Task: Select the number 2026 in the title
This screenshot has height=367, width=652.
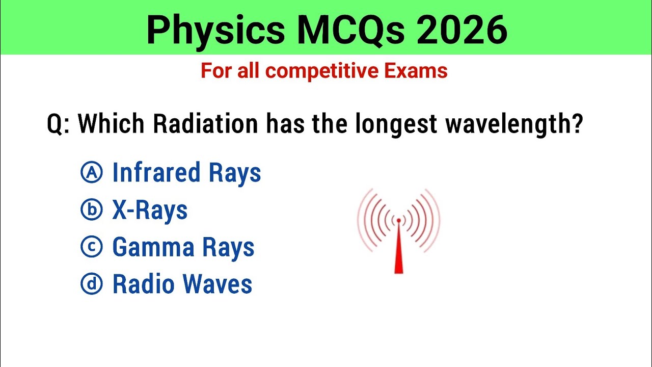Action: [x=463, y=30]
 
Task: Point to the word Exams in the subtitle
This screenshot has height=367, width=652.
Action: [x=416, y=71]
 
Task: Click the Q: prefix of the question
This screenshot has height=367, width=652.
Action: [x=58, y=124]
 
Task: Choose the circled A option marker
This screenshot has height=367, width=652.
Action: [x=92, y=173]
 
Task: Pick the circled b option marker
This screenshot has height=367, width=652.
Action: [x=92, y=210]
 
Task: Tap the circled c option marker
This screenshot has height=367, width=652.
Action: [x=92, y=247]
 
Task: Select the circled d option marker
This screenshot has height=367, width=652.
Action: [x=92, y=284]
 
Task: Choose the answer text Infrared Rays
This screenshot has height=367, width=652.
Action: [x=186, y=173]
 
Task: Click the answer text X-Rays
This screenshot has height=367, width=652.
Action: [x=150, y=210]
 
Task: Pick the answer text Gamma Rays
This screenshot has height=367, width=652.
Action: [x=183, y=248]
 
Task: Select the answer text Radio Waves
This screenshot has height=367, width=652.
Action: [x=182, y=284]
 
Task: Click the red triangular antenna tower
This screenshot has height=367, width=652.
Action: [x=398, y=255]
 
